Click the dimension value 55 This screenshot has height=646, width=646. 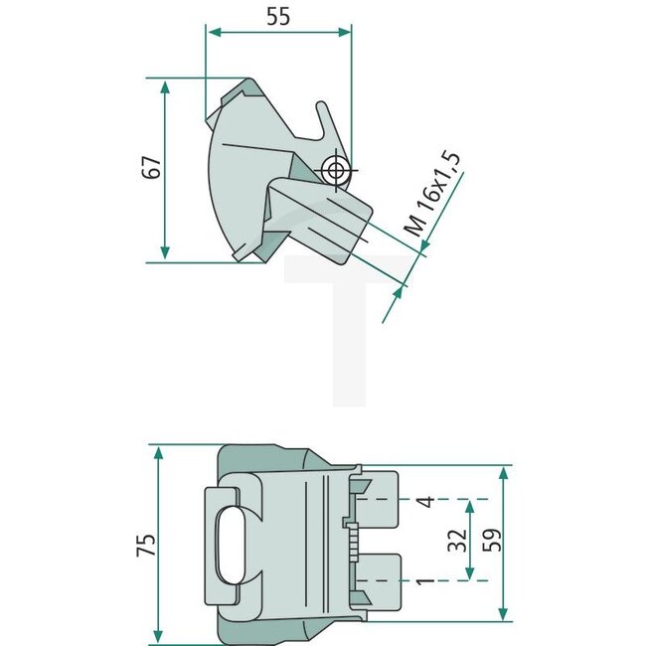click(x=278, y=17)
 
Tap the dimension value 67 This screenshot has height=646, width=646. click(x=151, y=167)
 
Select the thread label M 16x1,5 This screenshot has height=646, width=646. click(x=431, y=195)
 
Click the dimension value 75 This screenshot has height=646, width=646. click(x=147, y=545)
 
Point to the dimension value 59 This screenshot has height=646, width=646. click(x=492, y=540)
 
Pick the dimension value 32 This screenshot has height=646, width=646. click(x=458, y=540)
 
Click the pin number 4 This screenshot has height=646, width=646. click(x=425, y=501)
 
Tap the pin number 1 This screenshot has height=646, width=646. click(x=425, y=581)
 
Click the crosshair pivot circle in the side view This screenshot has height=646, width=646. click(x=336, y=170)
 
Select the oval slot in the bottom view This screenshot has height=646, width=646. click(x=230, y=546)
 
